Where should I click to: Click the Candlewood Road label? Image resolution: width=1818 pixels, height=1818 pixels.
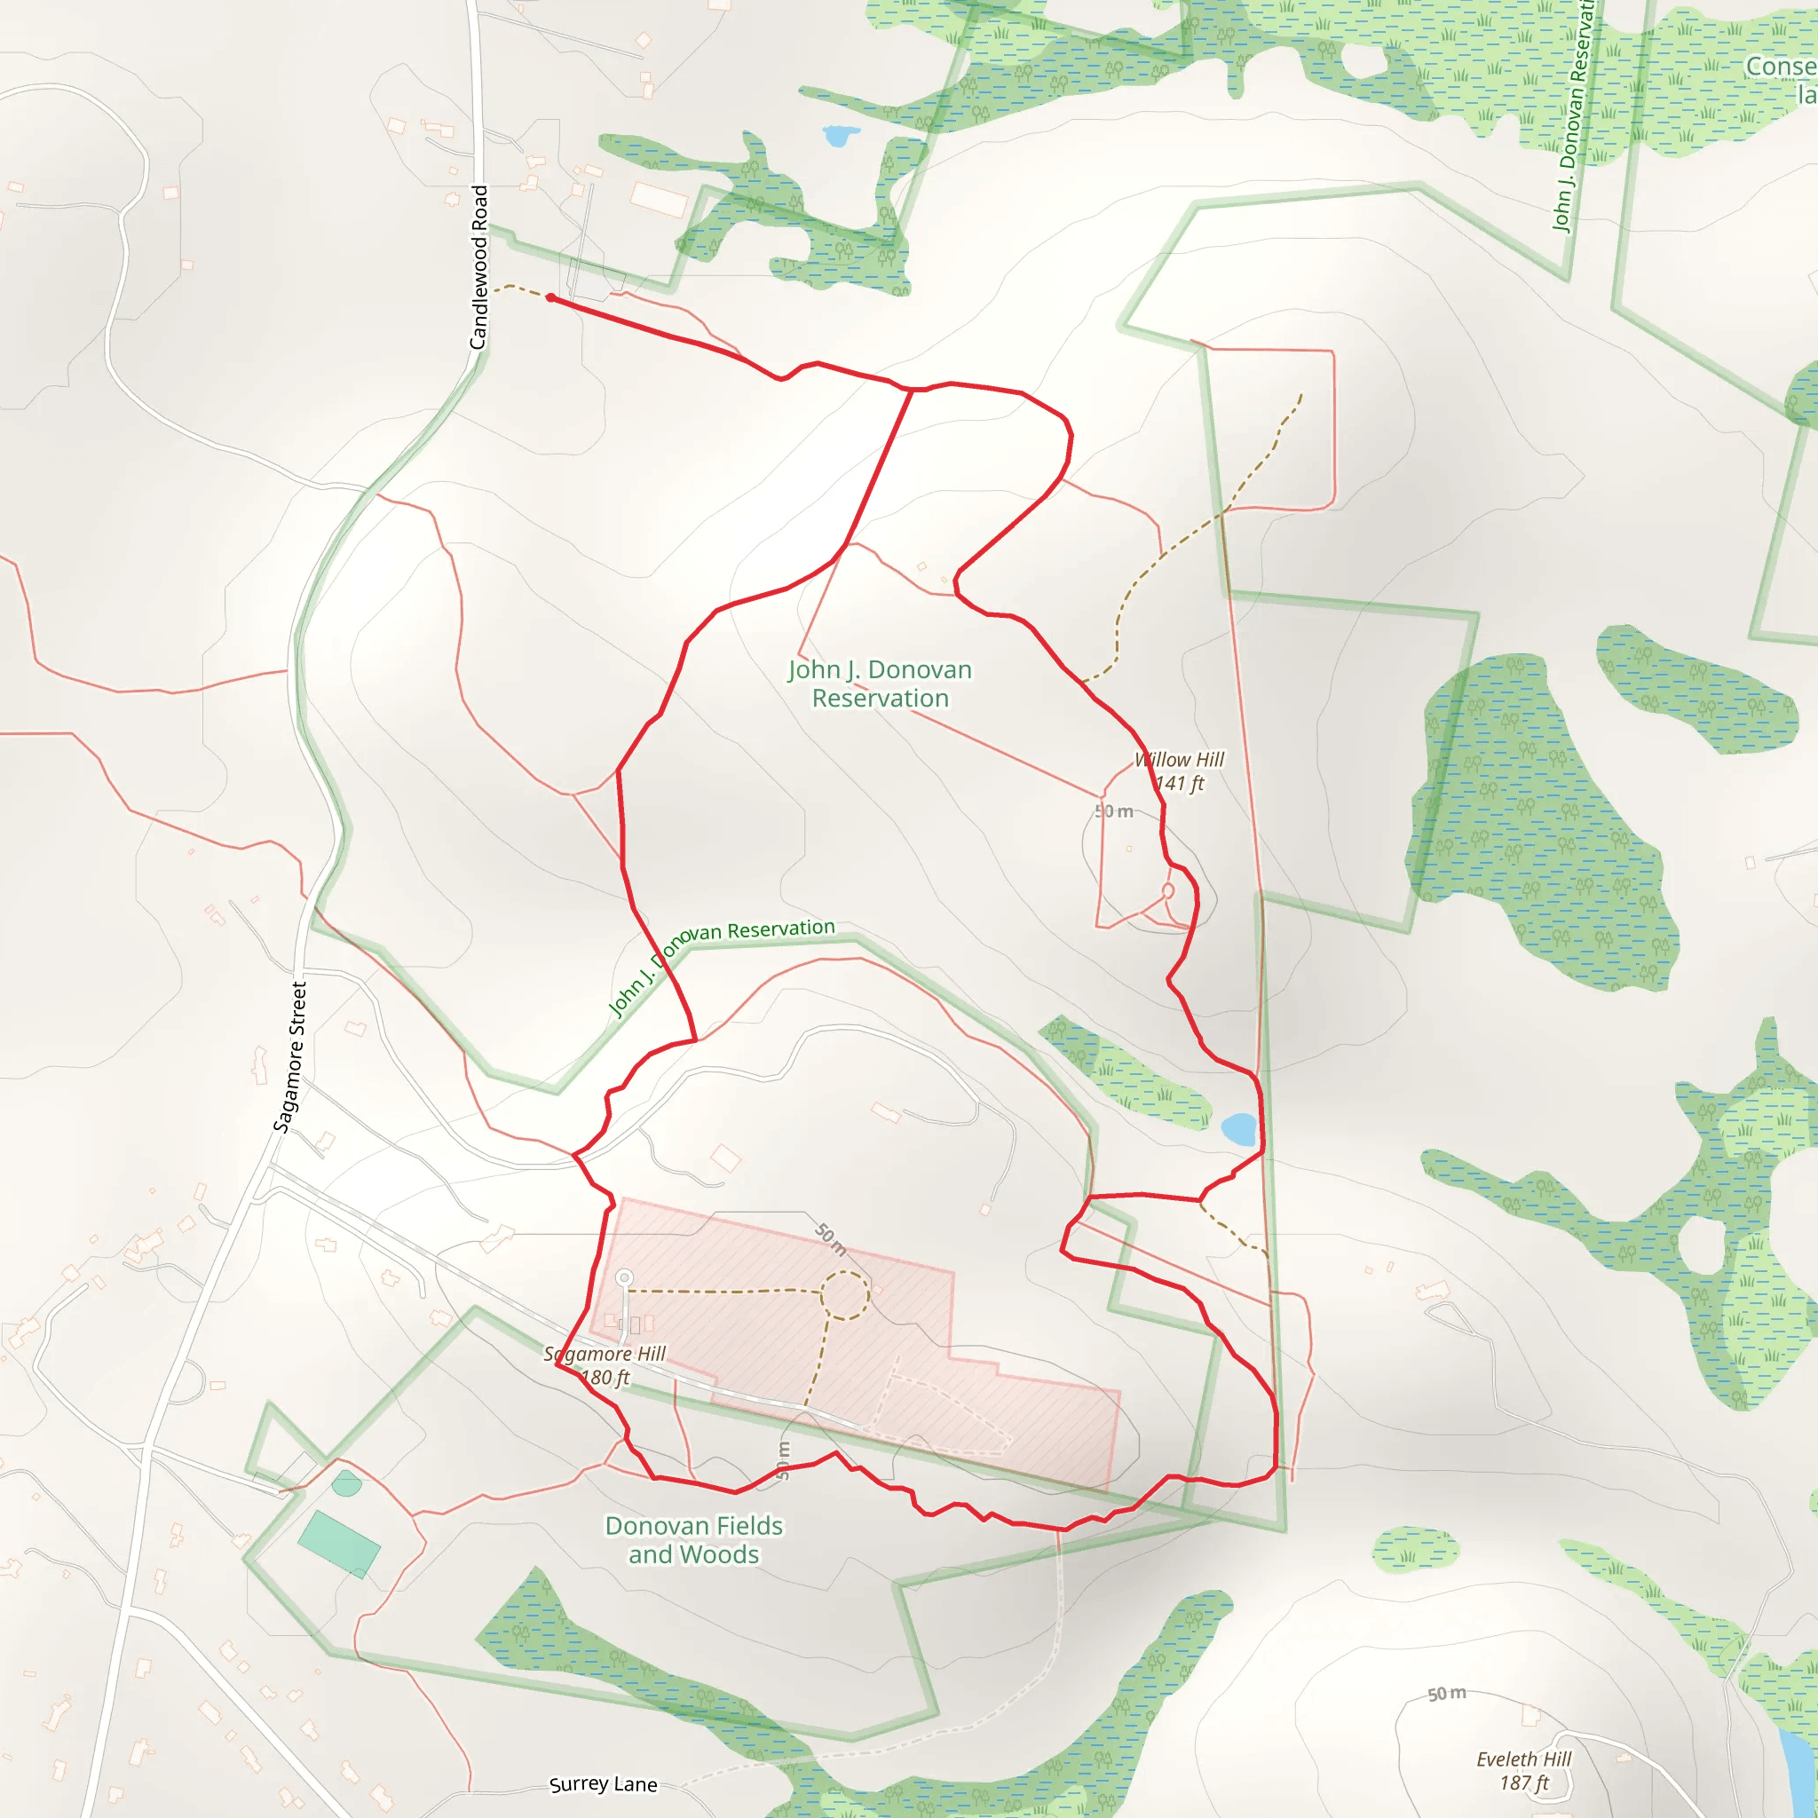479,267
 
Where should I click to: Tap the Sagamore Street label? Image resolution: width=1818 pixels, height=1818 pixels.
289,1056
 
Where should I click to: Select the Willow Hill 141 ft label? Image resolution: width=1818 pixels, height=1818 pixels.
1179,771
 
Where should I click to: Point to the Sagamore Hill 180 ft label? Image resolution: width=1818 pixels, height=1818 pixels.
605,1365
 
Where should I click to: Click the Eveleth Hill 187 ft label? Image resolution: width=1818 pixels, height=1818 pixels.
1523,1771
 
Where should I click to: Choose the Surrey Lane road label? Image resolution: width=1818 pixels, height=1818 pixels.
603,1784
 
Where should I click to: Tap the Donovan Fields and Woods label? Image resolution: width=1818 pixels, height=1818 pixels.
693,1539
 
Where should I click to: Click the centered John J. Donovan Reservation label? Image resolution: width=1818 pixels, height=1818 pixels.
880,684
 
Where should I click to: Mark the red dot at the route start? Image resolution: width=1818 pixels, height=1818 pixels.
550,298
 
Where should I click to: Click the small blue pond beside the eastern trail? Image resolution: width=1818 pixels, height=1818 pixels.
1238,1128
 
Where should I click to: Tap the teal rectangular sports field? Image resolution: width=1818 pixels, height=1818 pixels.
339,1543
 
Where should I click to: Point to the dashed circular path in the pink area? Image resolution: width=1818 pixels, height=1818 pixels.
845,1295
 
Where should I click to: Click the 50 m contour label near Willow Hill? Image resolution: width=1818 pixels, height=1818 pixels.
1113,811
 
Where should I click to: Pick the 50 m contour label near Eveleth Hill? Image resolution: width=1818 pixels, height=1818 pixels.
1446,1694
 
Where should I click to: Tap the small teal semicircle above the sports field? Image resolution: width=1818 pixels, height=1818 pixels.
346,1484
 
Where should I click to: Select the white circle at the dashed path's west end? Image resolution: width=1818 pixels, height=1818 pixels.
624,1278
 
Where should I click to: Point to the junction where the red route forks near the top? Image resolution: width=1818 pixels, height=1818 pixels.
911,390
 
